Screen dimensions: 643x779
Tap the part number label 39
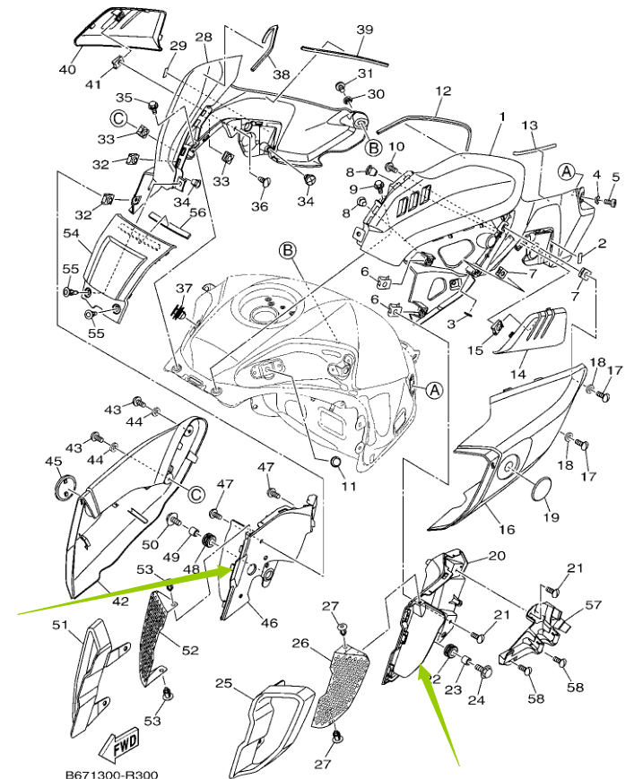coord(365,30)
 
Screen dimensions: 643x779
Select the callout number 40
coord(67,69)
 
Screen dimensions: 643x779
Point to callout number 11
coord(349,485)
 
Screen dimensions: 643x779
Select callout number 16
coord(507,529)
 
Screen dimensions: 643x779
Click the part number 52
coord(190,650)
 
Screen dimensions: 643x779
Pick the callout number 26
coord(300,643)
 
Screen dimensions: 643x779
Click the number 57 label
coord(594,604)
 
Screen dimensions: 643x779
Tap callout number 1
coord(502,117)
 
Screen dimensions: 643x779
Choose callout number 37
coord(184,288)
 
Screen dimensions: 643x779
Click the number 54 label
coord(72,233)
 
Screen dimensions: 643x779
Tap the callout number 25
coord(223,683)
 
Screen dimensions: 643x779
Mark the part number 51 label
coord(60,625)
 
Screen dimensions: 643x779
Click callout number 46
coord(269,622)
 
